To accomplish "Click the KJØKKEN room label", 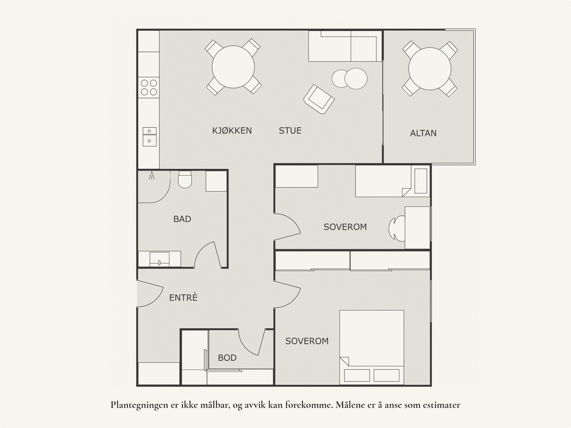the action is tap(232, 130).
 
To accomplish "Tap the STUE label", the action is tap(290, 130).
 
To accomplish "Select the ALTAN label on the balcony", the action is tap(423, 133).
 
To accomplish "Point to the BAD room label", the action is tap(182, 219).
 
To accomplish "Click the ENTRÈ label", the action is tap(183, 297).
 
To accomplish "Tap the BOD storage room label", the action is tap(227, 358).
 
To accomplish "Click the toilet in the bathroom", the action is tap(185, 179).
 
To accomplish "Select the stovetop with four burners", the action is tap(149, 88).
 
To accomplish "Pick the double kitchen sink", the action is tap(150, 137).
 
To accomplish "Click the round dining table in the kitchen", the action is tap(233, 67).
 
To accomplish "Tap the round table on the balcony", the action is tap(430, 69).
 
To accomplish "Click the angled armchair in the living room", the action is tap(319, 99).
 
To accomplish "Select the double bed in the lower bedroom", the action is tap(372, 347).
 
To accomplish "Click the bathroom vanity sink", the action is tap(159, 259).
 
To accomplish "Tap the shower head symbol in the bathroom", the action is tap(152, 175).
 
